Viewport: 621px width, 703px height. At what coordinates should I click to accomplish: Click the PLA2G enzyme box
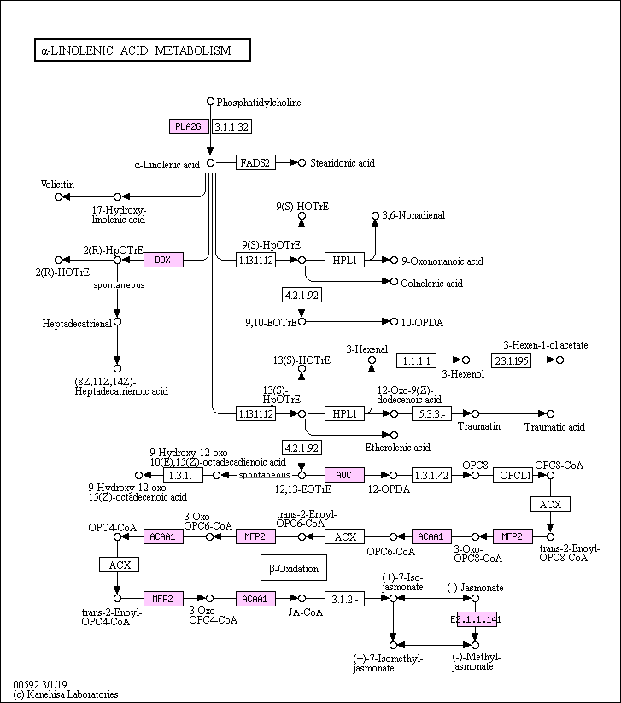[x=189, y=126]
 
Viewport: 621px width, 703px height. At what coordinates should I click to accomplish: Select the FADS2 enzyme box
[x=255, y=162]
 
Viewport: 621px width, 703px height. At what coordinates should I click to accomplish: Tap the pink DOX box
[x=163, y=259]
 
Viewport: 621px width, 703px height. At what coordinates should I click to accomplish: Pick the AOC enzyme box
[x=344, y=474]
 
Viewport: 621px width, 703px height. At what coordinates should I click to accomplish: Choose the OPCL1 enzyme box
[x=516, y=474]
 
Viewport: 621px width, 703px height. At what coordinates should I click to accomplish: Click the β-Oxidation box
[x=293, y=568]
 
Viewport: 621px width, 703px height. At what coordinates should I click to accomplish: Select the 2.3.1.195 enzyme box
[x=511, y=360]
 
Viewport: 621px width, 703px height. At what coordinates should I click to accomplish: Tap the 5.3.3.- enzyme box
[x=431, y=413]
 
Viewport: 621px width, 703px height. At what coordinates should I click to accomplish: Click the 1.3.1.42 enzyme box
[x=431, y=474]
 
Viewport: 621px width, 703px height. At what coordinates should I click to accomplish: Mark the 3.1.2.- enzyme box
[x=345, y=599]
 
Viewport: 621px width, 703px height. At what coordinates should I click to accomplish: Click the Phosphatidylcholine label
[x=259, y=103]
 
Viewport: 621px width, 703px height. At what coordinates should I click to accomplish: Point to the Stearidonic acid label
[x=343, y=162]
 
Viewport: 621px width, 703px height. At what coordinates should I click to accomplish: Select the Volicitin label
[x=58, y=184]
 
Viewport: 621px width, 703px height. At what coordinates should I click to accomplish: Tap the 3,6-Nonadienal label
[x=413, y=215]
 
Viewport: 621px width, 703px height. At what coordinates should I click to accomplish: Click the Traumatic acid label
[x=554, y=426]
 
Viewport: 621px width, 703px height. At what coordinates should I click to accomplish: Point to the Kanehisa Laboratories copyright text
[x=66, y=694]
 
